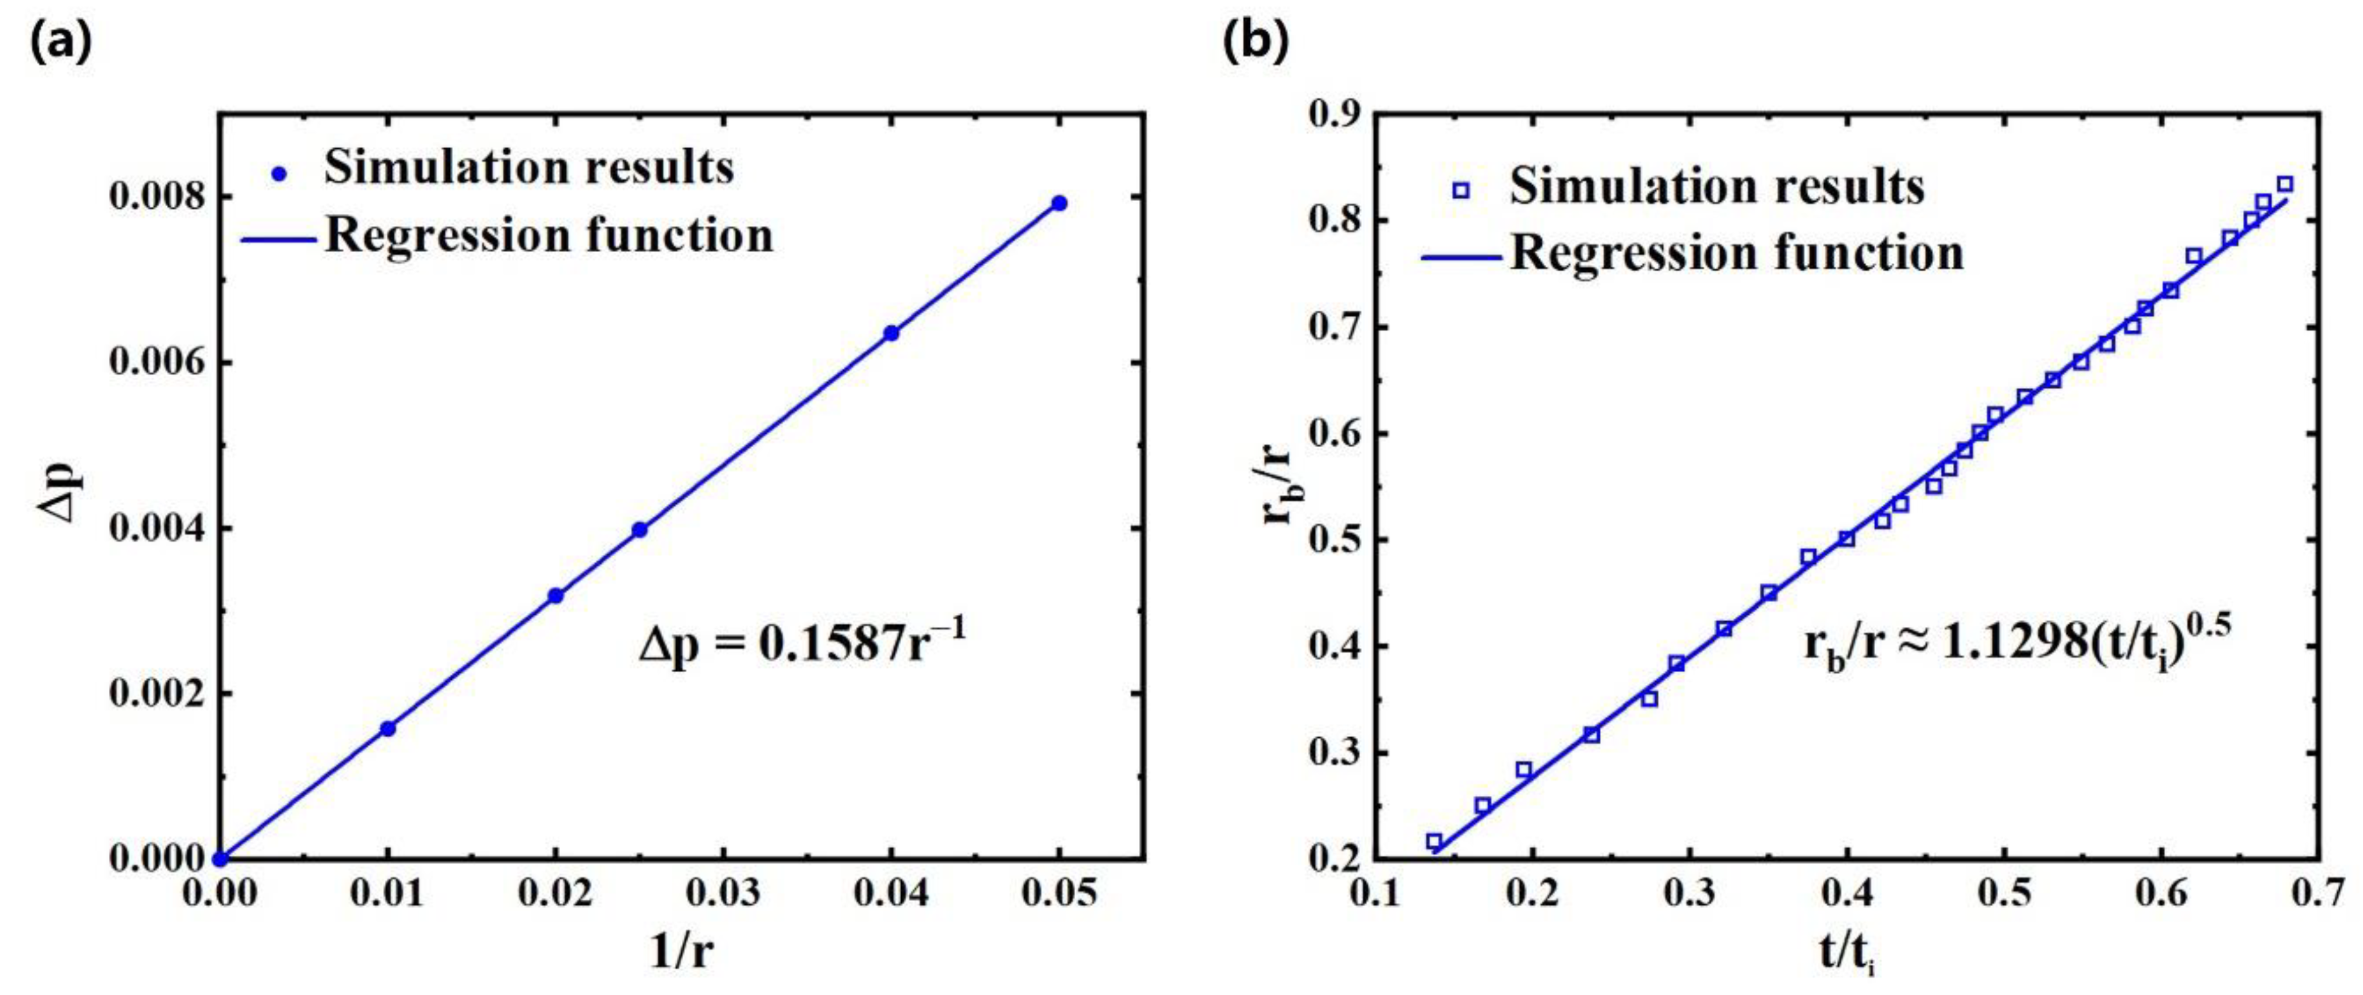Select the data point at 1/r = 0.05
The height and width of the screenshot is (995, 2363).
pyautogui.click(x=1058, y=202)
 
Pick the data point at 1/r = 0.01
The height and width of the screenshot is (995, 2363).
pyautogui.click(x=388, y=728)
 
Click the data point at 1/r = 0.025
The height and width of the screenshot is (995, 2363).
pyautogui.click(x=639, y=529)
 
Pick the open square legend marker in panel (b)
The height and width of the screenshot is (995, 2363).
pyautogui.click(x=1461, y=191)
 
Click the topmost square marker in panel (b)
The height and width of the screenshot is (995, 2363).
pyautogui.click(x=2284, y=184)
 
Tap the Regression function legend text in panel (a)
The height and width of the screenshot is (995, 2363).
pyautogui.click(x=549, y=237)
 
